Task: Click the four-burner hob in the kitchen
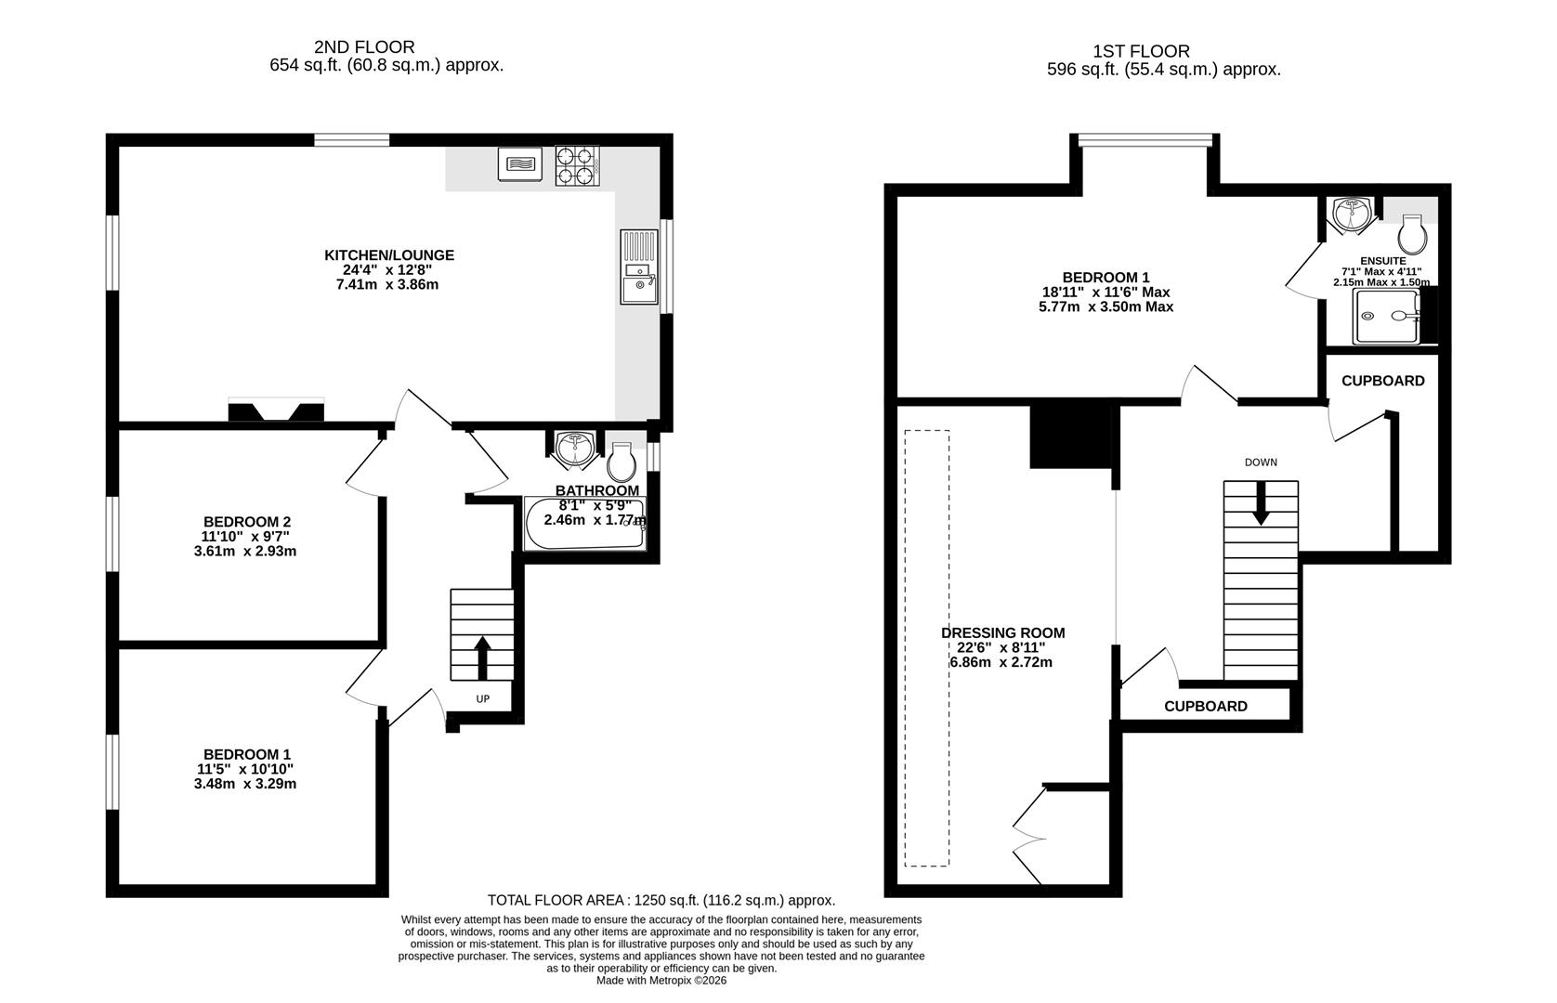(576, 165)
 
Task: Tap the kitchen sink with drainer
(638, 267)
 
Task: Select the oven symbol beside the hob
(518, 164)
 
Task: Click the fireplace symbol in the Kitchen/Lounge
(276, 410)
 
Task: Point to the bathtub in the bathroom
(584, 525)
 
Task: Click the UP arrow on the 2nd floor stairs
(482, 658)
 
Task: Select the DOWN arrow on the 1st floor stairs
(1261, 502)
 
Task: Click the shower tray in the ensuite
(1386, 316)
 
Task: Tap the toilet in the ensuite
(1412, 235)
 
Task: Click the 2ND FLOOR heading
(364, 46)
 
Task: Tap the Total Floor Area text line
(661, 900)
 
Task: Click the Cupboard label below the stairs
(1206, 706)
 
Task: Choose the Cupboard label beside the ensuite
(1382, 381)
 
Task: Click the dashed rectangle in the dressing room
(927, 648)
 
